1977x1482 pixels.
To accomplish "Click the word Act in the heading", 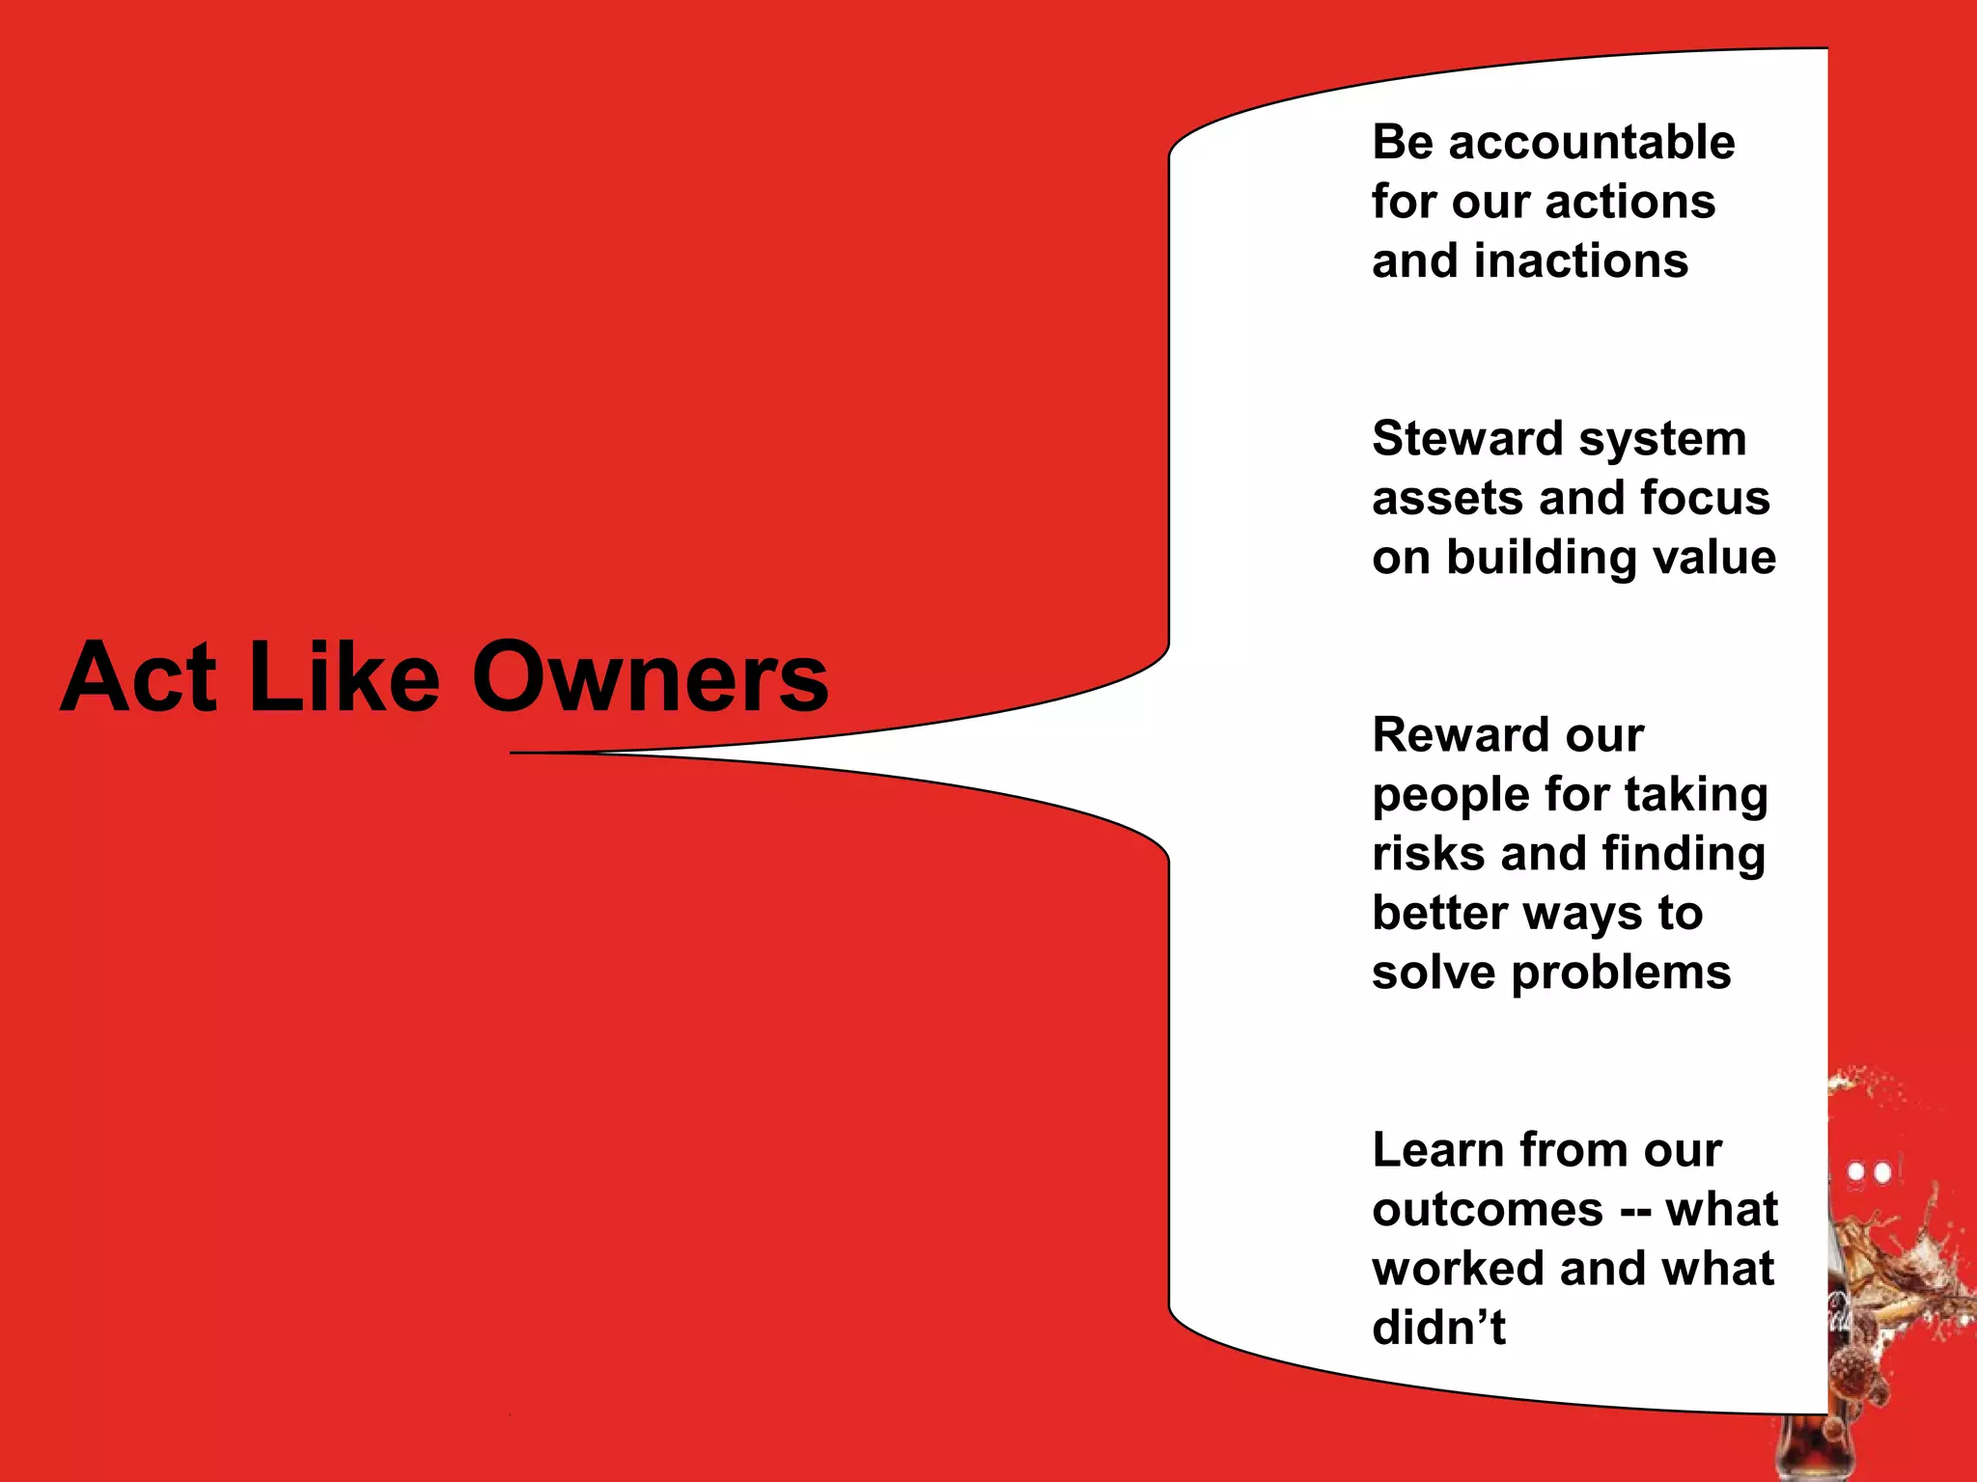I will tap(138, 677).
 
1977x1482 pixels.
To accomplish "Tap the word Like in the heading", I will tap(345, 677).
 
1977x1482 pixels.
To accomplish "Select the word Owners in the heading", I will tap(650, 677).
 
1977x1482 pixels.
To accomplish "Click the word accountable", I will tap(1592, 143).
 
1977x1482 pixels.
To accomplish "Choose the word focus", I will tap(1705, 499).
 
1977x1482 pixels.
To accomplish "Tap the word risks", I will tap(1428, 854).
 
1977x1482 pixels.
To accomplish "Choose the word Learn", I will tap(1438, 1150).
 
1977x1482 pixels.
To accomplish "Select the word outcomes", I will tap(1488, 1210).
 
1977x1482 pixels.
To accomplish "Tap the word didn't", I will tap(1438, 1329).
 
